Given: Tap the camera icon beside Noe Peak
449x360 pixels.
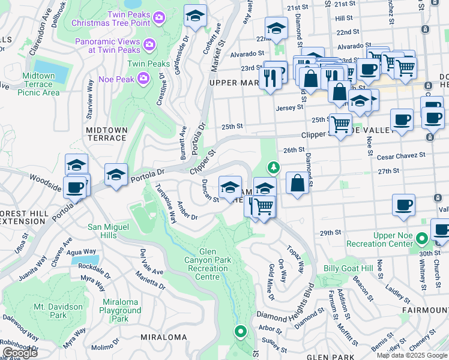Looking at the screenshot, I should [143, 77].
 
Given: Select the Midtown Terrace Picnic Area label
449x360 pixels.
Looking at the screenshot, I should [39, 84].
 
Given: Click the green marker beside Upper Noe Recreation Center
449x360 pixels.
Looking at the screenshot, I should [423, 239].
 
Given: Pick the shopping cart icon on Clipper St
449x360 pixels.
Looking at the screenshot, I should [340, 125].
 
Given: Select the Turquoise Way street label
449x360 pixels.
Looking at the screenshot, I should [166, 203].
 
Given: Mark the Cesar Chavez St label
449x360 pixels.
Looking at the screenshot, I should [401, 155].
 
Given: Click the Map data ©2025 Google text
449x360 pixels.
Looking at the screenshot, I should [412, 355].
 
